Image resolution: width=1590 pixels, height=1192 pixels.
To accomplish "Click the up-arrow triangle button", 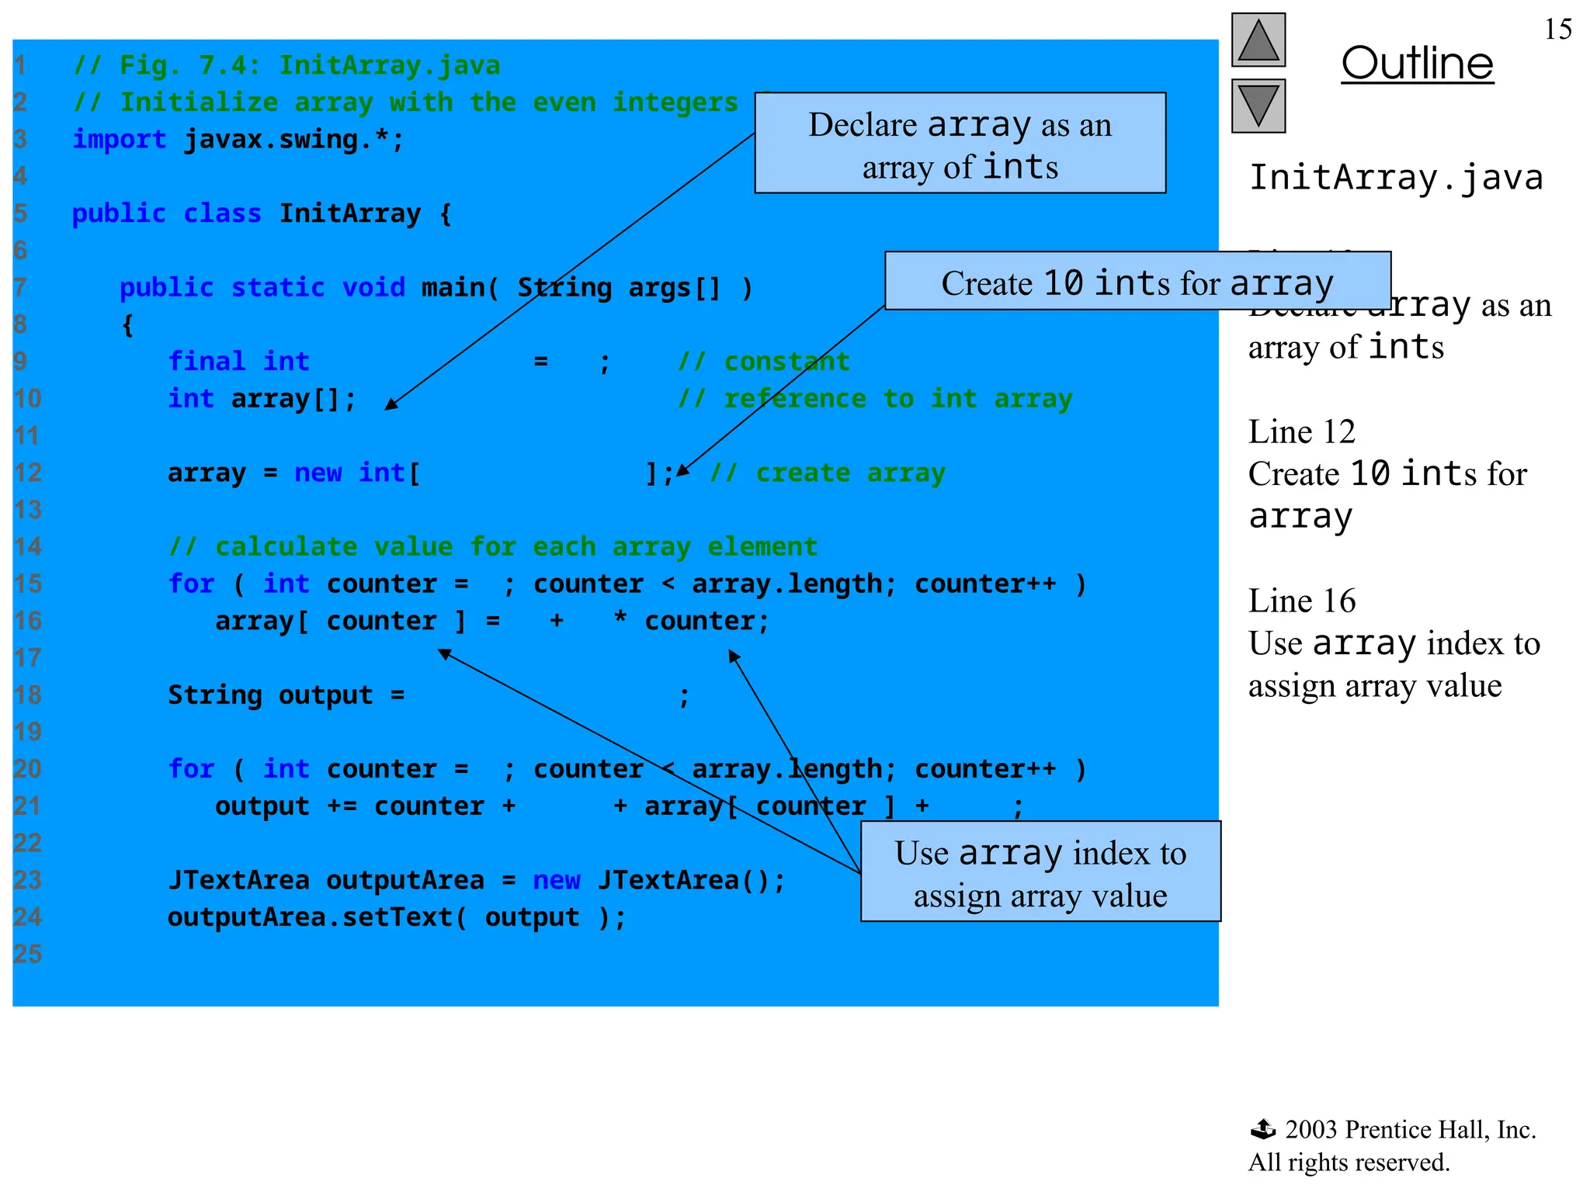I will pyautogui.click(x=1258, y=40).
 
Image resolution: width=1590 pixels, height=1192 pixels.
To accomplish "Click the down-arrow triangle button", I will pyautogui.click(x=1258, y=106).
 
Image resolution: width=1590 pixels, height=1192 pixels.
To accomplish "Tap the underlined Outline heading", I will pyautogui.click(x=1417, y=64).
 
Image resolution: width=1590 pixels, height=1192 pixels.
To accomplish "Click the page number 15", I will pyautogui.click(x=1557, y=29).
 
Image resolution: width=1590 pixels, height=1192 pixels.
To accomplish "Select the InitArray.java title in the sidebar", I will pyautogui.click(x=1395, y=178).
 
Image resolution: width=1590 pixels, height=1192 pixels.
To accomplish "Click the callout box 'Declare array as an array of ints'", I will pyautogui.click(x=960, y=144).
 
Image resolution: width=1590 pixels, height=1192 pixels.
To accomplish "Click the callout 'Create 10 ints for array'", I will pyautogui.click(x=1137, y=282).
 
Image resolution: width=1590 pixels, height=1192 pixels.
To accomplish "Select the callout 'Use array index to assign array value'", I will pyautogui.click(x=1040, y=872).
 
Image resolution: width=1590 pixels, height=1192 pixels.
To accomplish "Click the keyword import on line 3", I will pyautogui.click(x=119, y=140).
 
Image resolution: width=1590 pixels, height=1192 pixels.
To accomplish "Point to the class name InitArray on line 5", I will pyautogui.click(x=349, y=213).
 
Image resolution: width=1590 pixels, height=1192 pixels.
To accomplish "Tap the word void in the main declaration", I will pyautogui.click(x=373, y=288).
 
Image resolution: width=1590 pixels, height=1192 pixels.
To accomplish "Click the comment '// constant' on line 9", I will pyautogui.click(x=764, y=362).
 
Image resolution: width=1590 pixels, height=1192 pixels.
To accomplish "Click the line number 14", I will pyautogui.click(x=27, y=547).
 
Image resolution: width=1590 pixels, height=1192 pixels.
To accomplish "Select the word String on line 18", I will pyautogui.click(x=215, y=695).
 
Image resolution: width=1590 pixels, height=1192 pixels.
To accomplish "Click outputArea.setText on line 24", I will pyautogui.click(x=311, y=917).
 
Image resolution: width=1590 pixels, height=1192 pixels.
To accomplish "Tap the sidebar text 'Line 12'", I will pyautogui.click(x=1301, y=432).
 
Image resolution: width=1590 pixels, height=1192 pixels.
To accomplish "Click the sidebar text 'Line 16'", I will pyautogui.click(x=1301, y=601).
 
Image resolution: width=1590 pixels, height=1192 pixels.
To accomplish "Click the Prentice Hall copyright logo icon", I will pyautogui.click(x=1263, y=1129).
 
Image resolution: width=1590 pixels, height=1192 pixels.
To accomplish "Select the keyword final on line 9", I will pyautogui.click(x=207, y=362).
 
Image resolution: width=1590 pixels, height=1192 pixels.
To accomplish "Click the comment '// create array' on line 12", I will pyautogui.click(x=828, y=473).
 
